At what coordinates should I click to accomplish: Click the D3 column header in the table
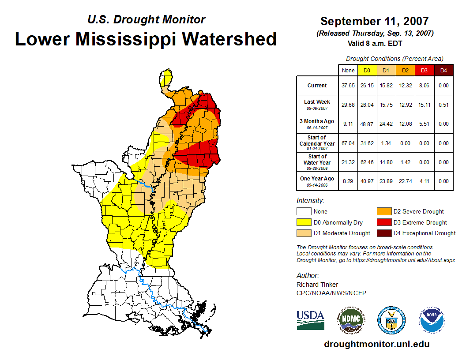[x=424, y=70]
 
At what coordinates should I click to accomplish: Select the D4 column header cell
[x=443, y=70]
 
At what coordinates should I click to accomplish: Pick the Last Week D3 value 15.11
[x=424, y=105]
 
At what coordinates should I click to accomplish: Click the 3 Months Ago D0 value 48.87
[x=366, y=124]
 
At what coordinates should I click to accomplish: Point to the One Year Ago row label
[x=317, y=180]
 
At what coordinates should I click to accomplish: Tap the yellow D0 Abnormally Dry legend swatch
[x=304, y=222]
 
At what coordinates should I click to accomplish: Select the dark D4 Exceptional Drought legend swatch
[x=383, y=233]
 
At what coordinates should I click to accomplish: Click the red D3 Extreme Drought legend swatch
[x=383, y=222]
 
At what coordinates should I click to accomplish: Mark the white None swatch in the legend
[x=304, y=212]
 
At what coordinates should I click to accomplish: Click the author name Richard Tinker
[x=317, y=285]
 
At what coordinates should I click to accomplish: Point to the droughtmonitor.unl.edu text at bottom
[x=376, y=344]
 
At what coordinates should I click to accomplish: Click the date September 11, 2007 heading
[x=374, y=21]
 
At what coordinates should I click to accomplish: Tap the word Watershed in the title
[x=229, y=39]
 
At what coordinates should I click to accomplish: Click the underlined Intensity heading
[x=310, y=200]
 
